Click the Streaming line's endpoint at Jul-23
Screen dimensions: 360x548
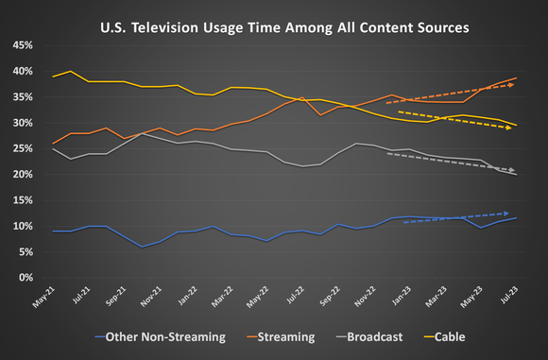tap(516, 77)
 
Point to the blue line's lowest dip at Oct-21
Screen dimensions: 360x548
tap(141, 248)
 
